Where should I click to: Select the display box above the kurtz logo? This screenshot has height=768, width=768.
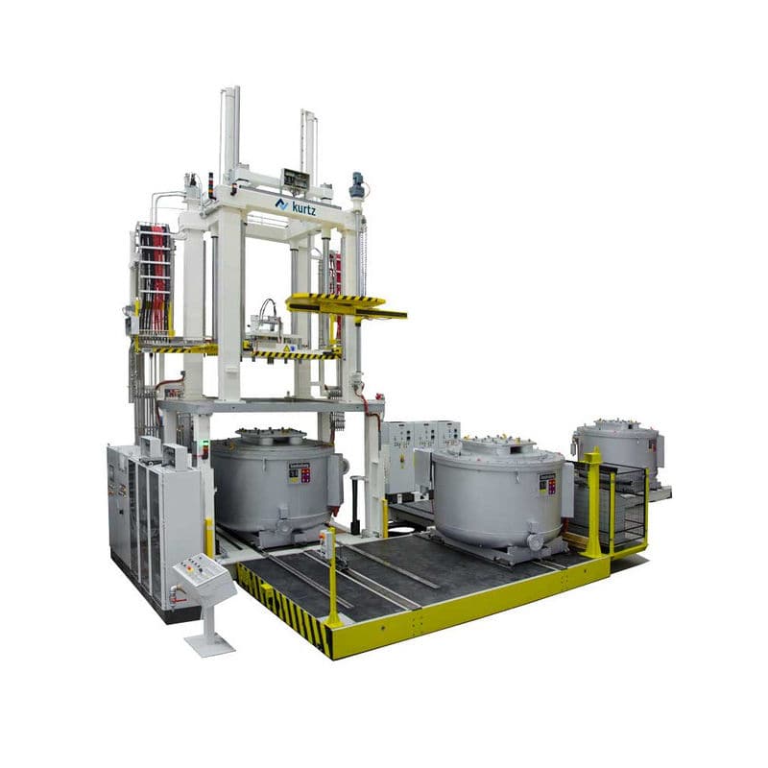click(295, 179)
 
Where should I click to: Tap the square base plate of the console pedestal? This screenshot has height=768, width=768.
click(208, 644)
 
